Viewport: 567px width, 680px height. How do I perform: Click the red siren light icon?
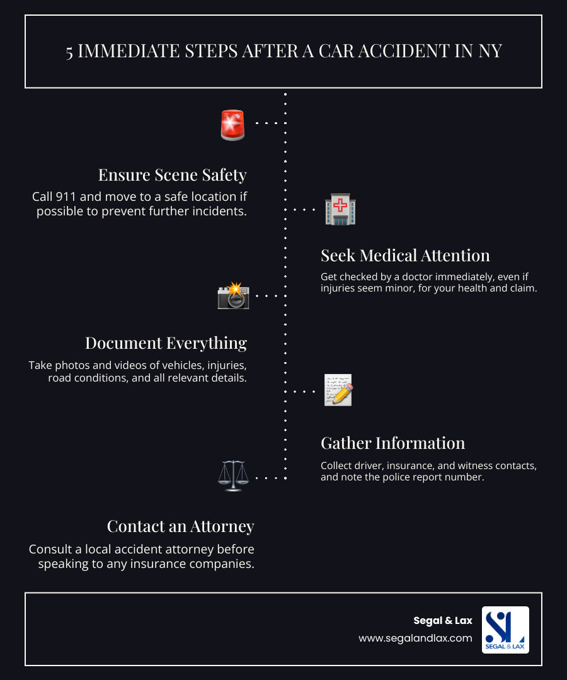tap(233, 124)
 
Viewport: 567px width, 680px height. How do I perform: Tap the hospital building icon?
tap(340, 210)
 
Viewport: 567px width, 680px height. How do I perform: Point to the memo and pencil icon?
tap(338, 390)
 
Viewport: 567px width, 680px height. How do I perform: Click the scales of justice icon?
tap(232, 477)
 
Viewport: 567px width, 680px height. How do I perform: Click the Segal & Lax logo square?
tap(505, 630)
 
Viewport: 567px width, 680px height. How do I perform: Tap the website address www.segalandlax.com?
tap(415, 638)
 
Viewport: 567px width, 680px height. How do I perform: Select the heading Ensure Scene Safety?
tap(172, 174)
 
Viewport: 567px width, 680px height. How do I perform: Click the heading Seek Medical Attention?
tap(405, 255)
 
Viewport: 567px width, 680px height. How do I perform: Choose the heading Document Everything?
tap(166, 343)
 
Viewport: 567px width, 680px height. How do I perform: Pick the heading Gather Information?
tap(392, 443)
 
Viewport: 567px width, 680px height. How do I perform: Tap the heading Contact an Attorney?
tap(180, 526)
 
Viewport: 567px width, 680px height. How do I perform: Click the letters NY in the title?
tap(490, 51)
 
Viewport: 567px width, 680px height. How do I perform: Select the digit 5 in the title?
tap(69, 51)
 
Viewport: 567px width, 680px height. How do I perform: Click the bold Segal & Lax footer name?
tap(442, 621)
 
